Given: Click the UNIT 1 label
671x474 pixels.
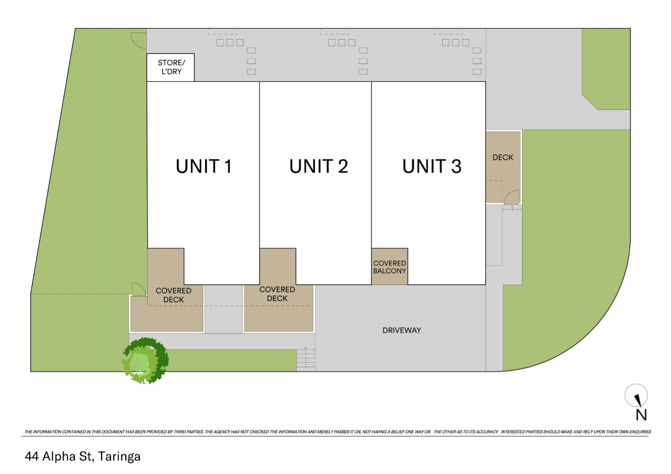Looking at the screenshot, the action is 204,166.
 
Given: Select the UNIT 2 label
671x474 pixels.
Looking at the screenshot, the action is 318,166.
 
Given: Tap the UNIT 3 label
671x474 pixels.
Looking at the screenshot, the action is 432,166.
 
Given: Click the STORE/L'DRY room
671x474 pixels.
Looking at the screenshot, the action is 171,67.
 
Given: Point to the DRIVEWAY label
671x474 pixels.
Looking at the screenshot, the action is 402,330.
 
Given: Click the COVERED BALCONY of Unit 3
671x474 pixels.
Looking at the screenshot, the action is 390,267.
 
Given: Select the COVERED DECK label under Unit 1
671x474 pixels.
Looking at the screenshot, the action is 173,295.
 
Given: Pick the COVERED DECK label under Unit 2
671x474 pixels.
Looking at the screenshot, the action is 277,294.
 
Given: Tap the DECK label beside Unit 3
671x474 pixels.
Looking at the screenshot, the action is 503,157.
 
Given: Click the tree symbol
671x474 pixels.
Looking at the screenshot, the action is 145,360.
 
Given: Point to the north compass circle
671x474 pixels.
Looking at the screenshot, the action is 636,395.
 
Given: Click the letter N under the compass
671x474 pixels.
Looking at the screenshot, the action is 641,415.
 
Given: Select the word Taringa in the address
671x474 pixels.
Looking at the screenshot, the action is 119,456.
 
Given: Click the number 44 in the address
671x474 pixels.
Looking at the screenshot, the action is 32,456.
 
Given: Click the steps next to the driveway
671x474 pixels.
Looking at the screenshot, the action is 306,359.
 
